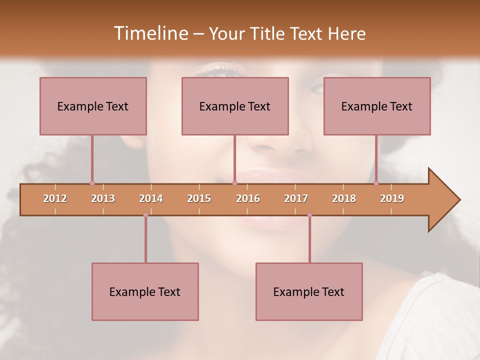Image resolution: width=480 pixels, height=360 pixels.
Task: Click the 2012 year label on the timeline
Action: (x=55, y=198)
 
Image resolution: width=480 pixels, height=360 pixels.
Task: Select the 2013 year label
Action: (x=103, y=198)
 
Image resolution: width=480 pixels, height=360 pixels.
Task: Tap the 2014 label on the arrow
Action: (x=151, y=198)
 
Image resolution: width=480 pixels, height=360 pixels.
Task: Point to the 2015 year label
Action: (x=199, y=198)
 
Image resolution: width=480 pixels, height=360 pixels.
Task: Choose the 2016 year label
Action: (x=248, y=198)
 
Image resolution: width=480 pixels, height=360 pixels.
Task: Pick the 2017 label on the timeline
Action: (x=296, y=198)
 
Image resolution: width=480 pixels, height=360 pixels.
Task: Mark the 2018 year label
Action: (x=344, y=198)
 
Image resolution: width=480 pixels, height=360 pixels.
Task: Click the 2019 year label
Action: (x=392, y=198)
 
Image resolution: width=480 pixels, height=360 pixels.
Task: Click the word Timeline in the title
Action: (x=150, y=33)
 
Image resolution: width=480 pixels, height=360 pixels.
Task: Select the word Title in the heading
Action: (x=268, y=34)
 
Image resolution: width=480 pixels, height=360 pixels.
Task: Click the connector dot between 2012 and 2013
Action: (x=92, y=183)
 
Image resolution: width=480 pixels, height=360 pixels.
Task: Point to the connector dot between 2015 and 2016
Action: (x=234, y=183)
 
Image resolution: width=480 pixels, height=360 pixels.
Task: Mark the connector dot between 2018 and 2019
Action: (x=376, y=183)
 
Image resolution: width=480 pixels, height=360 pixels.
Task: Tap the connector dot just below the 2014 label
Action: (x=145, y=215)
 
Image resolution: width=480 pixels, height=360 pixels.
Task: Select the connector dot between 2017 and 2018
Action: (x=309, y=215)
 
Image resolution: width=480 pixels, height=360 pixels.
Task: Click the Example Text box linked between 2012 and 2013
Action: (x=93, y=106)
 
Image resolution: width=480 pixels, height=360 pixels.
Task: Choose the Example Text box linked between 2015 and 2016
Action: (x=235, y=106)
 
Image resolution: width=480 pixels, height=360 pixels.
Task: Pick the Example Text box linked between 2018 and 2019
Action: (x=377, y=106)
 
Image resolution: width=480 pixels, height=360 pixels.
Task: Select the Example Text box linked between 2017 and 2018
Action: (x=309, y=291)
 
